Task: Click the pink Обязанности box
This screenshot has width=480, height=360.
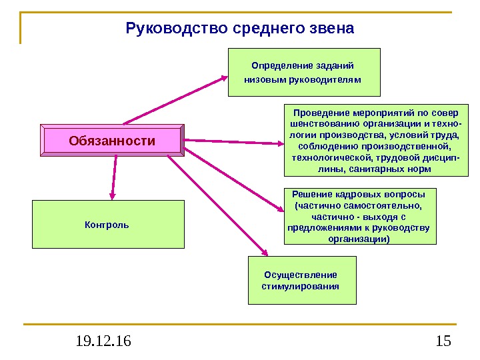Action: (112, 141)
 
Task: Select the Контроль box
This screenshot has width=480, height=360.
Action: (107, 225)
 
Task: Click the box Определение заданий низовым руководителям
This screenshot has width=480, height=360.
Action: (303, 72)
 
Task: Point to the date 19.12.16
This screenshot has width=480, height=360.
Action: (103, 342)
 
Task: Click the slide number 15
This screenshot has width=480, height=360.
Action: (443, 342)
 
